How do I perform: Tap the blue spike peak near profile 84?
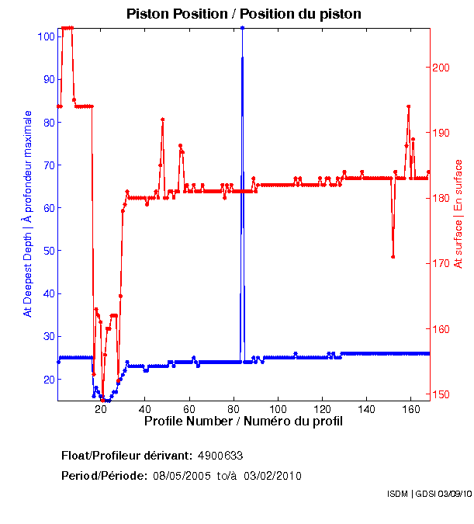(x=243, y=27)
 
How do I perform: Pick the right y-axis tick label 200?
(x=441, y=68)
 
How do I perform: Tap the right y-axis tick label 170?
(x=441, y=263)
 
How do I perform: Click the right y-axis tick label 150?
(x=441, y=394)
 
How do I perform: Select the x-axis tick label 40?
(x=145, y=408)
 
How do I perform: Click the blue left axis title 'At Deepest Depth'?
(x=28, y=213)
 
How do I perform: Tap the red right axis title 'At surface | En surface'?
(x=458, y=213)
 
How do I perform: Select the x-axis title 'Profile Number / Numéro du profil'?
(x=243, y=422)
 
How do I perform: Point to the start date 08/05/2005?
(x=181, y=476)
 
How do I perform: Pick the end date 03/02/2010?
(x=273, y=476)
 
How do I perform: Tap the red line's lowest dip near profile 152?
(x=393, y=257)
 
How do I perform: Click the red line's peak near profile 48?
(x=162, y=120)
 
